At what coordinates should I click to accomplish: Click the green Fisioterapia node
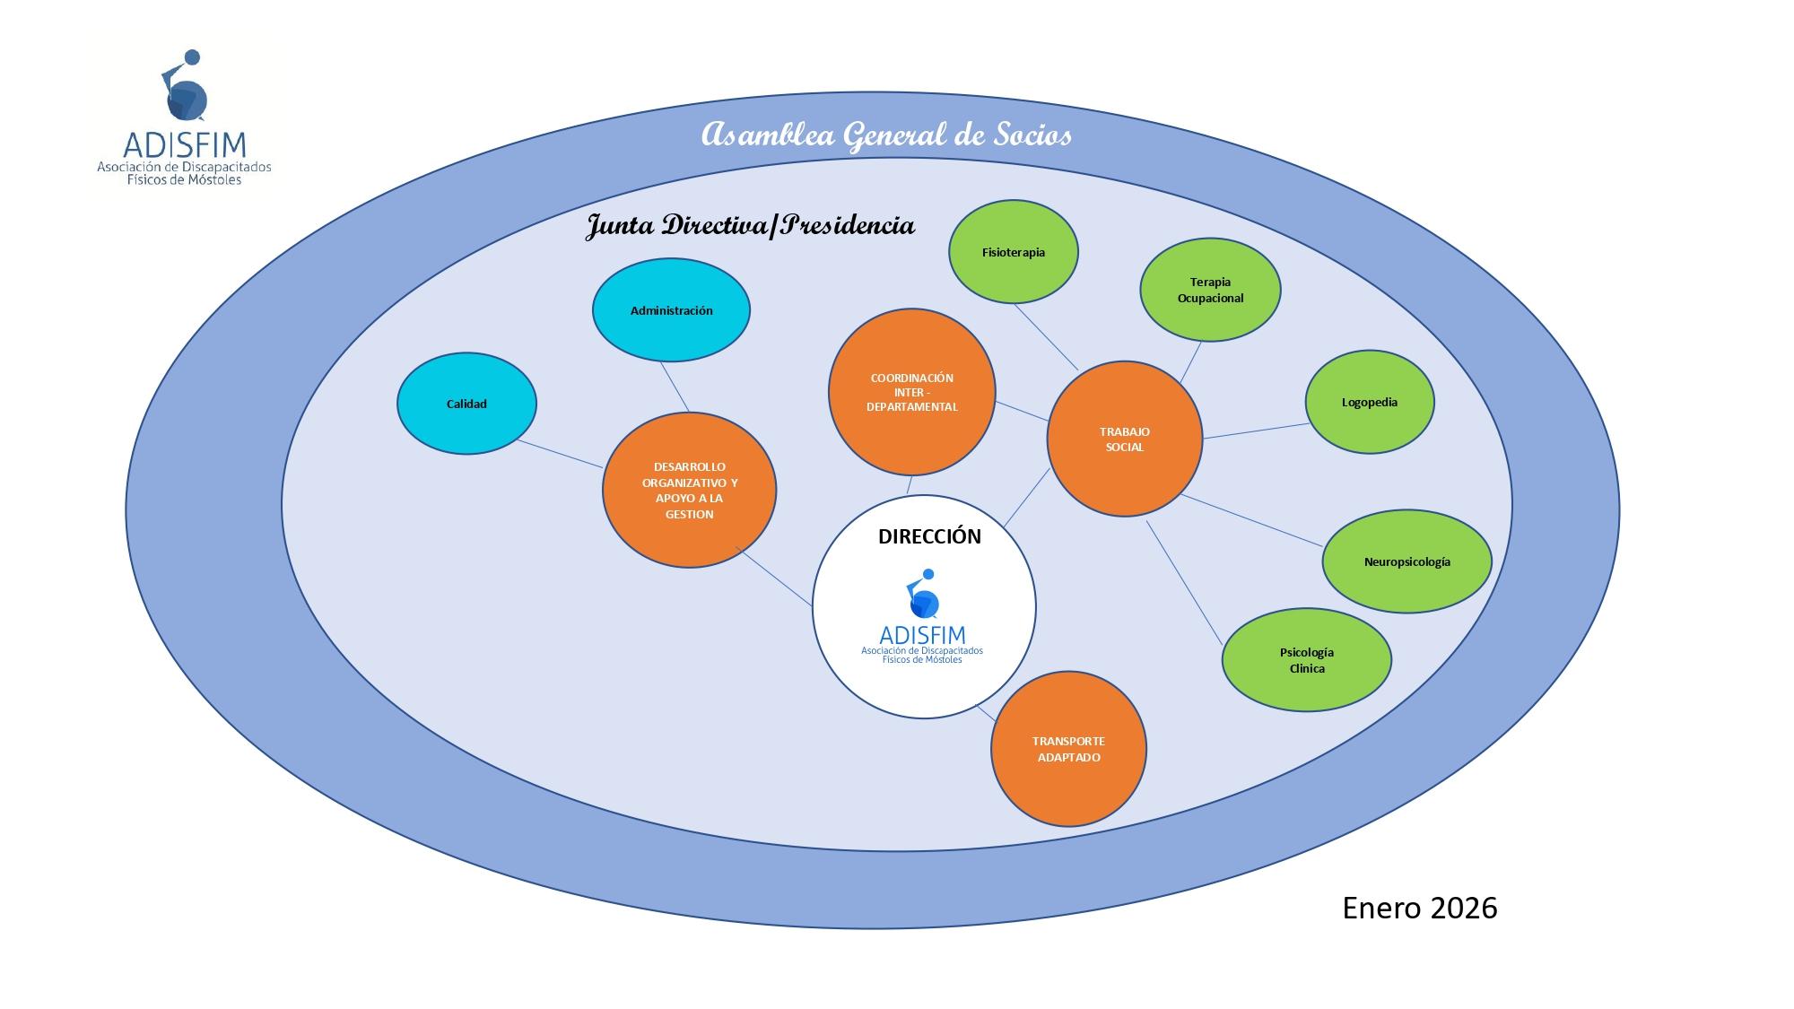tap(1014, 252)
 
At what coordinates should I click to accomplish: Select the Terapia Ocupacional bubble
tap(1210, 290)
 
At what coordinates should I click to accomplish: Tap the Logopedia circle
tap(1369, 402)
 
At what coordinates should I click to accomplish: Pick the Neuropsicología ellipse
tap(1406, 561)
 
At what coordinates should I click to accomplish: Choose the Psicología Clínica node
tap(1306, 660)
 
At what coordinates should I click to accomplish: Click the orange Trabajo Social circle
tap(1124, 439)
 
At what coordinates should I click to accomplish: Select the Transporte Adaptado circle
tap(1068, 749)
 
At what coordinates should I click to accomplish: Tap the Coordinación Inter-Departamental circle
tap(911, 392)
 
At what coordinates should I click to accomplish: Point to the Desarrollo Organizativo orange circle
tap(689, 490)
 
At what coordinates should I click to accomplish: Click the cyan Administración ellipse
tap(671, 310)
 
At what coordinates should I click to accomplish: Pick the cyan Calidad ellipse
tap(466, 404)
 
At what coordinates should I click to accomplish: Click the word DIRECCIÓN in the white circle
tap(929, 536)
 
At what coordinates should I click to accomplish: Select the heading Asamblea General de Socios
tap(885, 135)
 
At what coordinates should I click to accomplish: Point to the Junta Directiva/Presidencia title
tap(750, 224)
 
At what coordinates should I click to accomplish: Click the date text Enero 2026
tap(1419, 908)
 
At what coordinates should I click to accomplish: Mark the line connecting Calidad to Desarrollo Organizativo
tap(560, 454)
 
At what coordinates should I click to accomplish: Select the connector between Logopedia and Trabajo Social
tap(1256, 431)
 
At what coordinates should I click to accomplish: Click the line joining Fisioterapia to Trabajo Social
tap(1046, 337)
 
